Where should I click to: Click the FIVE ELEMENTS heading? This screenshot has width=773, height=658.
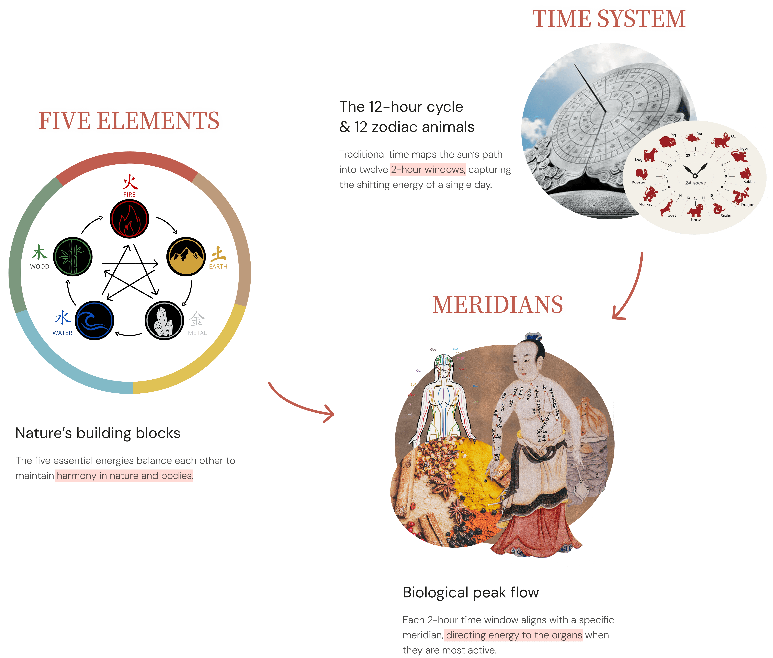coord(129,121)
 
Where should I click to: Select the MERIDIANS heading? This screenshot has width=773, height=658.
coord(498,305)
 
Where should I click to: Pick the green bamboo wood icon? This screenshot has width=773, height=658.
coord(73,257)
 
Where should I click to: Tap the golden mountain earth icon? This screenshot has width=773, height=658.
coord(185,257)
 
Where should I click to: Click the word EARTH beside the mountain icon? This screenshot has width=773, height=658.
coord(218,266)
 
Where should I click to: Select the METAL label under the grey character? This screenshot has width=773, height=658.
coord(197,333)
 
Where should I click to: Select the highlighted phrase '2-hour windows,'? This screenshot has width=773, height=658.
coord(428,170)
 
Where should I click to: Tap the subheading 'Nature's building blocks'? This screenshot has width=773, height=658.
coord(98,433)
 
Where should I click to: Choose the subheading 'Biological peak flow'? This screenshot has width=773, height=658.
coord(470,592)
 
